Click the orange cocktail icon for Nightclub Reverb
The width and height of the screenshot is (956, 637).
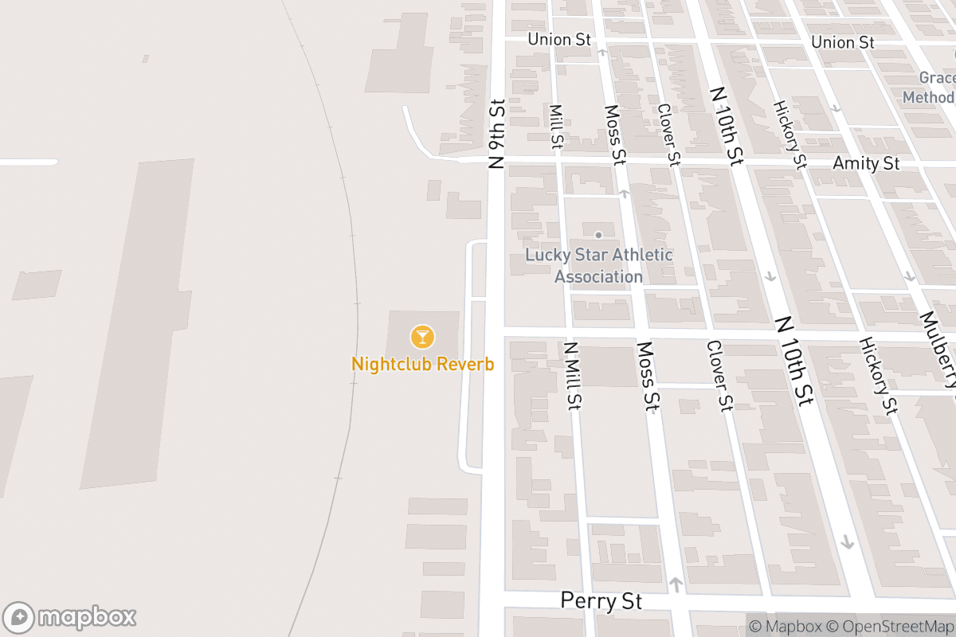click(422, 337)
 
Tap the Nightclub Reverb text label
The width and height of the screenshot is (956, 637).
click(422, 365)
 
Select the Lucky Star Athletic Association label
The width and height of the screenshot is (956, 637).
click(598, 266)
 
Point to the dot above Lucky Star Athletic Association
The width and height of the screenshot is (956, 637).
click(598, 235)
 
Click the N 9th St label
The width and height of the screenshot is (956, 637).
click(497, 134)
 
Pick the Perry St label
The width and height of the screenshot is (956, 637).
click(601, 600)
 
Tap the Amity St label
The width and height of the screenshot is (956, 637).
click(866, 163)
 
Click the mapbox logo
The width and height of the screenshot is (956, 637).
click(70, 617)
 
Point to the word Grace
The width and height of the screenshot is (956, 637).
click(936, 78)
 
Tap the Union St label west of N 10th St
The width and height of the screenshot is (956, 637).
click(559, 39)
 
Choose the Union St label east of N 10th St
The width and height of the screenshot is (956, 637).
click(843, 41)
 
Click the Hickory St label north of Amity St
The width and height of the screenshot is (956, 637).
click(789, 134)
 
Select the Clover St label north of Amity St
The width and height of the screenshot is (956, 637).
click(668, 134)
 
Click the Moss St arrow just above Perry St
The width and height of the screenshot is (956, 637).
click(676, 585)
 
